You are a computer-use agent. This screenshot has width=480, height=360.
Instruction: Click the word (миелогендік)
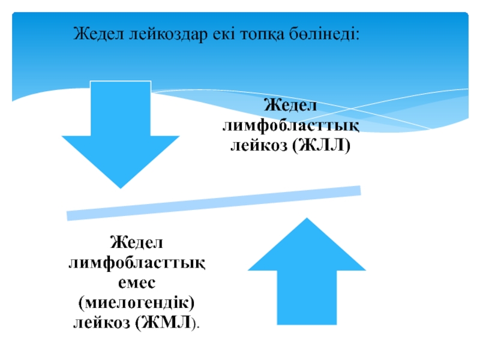(x=137, y=304)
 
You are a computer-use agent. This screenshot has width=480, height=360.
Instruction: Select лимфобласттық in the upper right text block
(x=291, y=126)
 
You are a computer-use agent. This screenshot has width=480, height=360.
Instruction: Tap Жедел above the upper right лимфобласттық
(x=291, y=106)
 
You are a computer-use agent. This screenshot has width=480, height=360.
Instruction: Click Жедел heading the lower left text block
(x=137, y=244)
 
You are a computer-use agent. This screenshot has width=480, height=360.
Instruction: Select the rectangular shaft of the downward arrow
(x=120, y=108)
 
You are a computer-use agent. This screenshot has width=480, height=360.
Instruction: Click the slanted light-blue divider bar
(x=214, y=203)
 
